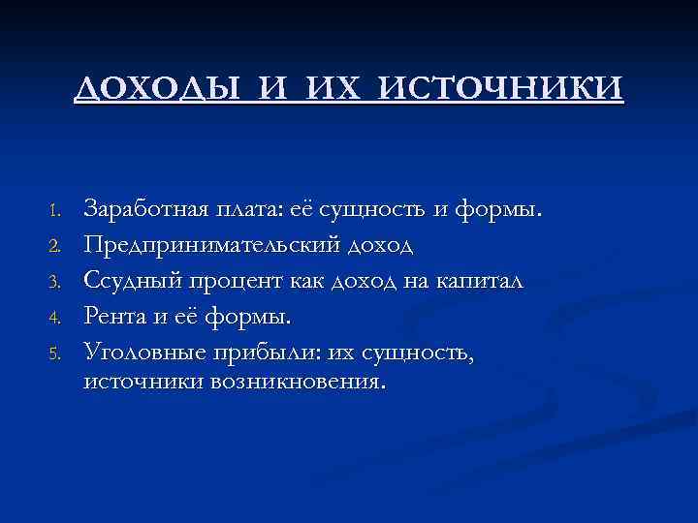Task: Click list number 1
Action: [x=56, y=210]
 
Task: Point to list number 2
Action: [x=56, y=245]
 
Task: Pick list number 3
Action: [x=56, y=281]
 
